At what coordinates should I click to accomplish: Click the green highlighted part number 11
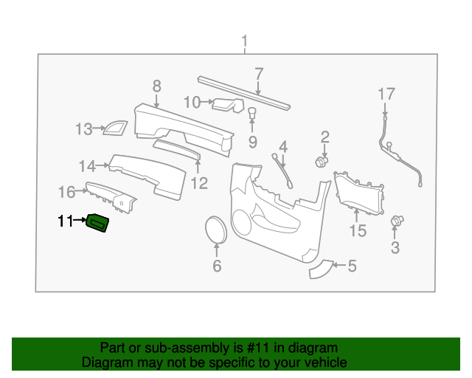(x=98, y=223)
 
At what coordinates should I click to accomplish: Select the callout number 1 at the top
(x=246, y=41)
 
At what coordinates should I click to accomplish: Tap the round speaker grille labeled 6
(x=216, y=229)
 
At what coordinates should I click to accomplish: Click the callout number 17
(x=386, y=94)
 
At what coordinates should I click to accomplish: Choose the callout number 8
(x=156, y=86)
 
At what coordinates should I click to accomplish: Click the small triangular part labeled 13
(x=113, y=128)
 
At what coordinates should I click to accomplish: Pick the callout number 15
(x=357, y=232)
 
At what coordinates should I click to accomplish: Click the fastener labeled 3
(x=397, y=220)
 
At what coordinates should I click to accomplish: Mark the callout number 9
(x=251, y=142)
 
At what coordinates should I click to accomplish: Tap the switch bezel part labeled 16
(x=109, y=195)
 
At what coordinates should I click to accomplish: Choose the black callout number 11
(x=66, y=221)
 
